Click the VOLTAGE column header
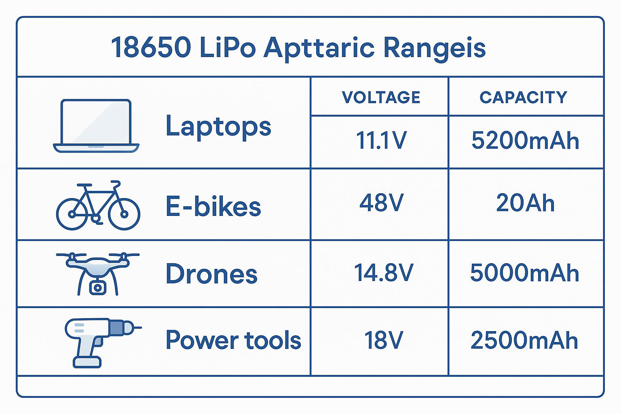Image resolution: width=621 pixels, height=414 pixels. pyautogui.click(x=381, y=97)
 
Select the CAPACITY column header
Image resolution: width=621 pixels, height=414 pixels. pyautogui.click(x=524, y=97)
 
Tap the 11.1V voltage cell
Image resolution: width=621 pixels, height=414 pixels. pyautogui.click(x=381, y=141)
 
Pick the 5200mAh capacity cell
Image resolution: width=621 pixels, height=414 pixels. pyautogui.click(x=525, y=141)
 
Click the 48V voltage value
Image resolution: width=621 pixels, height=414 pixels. pyautogui.click(x=381, y=203)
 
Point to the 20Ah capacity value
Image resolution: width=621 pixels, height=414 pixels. pyautogui.click(x=525, y=203)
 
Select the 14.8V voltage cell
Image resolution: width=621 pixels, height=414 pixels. pyautogui.click(x=383, y=273)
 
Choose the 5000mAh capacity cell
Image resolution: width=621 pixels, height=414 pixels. pyautogui.click(x=525, y=273)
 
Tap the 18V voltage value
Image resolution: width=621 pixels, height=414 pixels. pyautogui.click(x=383, y=340)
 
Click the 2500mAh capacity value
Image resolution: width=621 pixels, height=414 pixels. pyautogui.click(x=524, y=340)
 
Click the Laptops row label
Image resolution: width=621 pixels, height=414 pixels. pyautogui.click(x=218, y=127)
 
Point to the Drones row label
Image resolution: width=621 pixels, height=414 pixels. pyautogui.click(x=211, y=274)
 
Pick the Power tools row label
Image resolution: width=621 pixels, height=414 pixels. pyautogui.click(x=233, y=340)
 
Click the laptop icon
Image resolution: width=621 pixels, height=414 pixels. pyautogui.click(x=96, y=126)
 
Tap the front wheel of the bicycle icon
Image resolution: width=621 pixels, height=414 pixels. pyautogui.click(x=124, y=213)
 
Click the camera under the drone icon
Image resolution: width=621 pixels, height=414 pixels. pyautogui.click(x=97, y=287)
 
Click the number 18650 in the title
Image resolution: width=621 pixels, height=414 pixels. pyautogui.click(x=151, y=48)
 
